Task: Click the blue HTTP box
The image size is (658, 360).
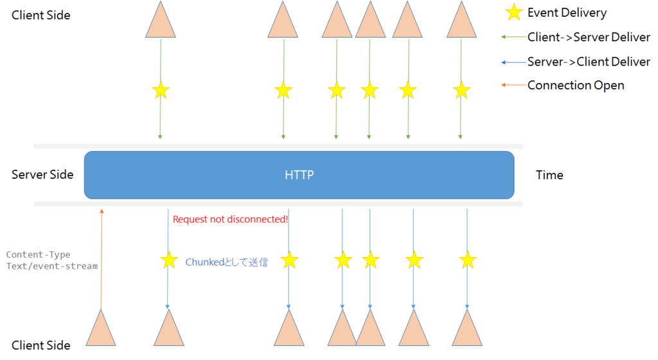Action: (x=299, y=175)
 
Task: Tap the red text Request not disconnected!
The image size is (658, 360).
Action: (x=231, y=219)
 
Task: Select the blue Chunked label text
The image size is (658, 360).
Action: (x=227, y=262)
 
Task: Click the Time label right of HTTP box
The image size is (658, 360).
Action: (x=549, y=175)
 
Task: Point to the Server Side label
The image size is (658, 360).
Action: (x=42, y=175)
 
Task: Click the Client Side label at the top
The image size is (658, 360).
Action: (x=40, y=15)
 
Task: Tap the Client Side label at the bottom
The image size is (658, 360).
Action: (x=40, y=345)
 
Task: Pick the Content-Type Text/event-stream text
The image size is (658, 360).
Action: (x=52, y=260)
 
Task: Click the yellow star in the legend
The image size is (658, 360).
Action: (x=513, y=12)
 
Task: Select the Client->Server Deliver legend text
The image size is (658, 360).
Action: (x=589, y=37)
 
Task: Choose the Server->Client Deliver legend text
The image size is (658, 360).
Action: (x=589, y=62)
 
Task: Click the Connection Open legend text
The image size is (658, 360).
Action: (x=576, y=85)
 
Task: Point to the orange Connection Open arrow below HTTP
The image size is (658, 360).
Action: (x=101, y=259)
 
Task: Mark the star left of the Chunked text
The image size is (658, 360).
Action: (x=169, y=260)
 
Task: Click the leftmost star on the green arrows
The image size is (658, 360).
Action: (x=161, y=90)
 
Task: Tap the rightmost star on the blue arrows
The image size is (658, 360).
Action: (x=468, y=260)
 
